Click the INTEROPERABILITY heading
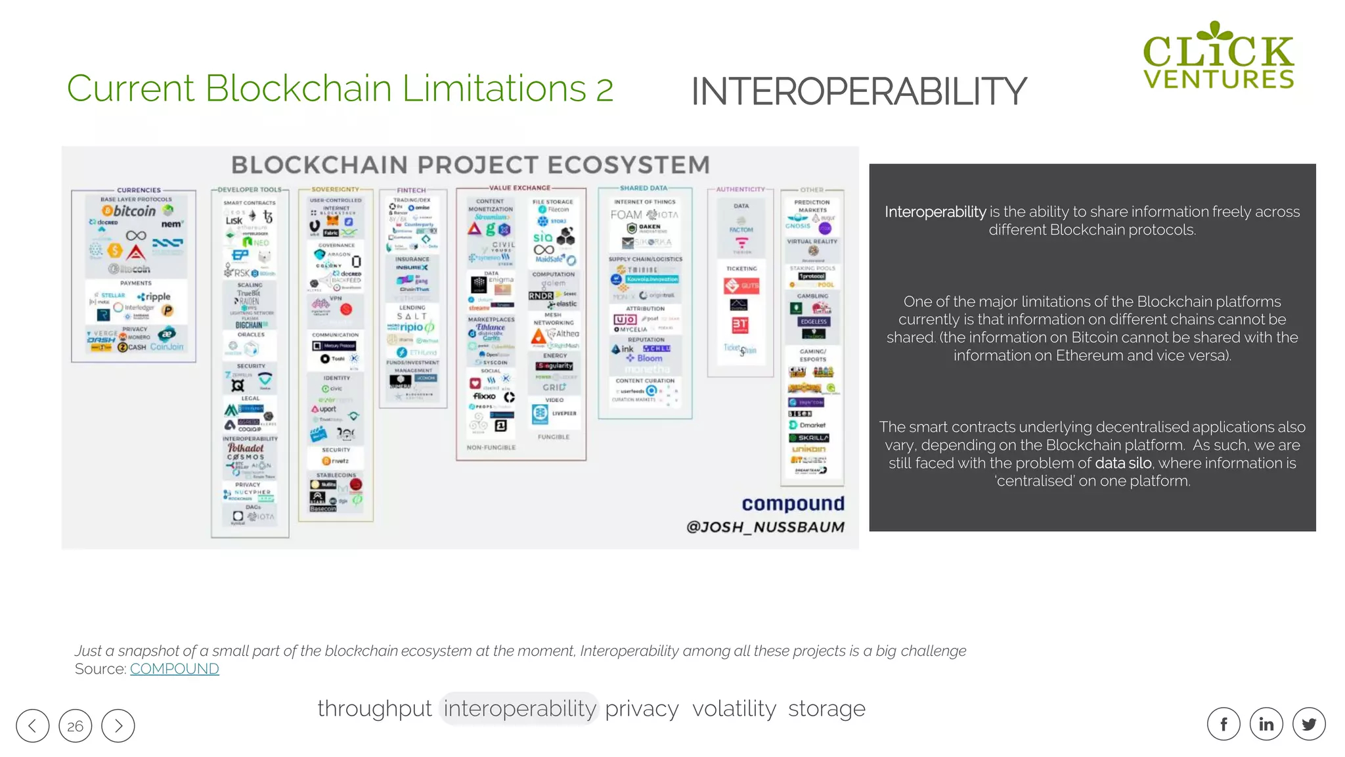pos(858,91)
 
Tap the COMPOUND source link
pos(174,669)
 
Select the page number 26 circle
pos(76,725)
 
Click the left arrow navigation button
pos(33,725)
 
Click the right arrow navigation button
pos(118,725)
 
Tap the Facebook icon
pos(1224,724)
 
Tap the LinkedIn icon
pos(1266,724)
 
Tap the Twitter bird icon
pos(1309,724)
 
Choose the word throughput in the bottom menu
pos(374,709)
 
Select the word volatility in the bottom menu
pos(734,709)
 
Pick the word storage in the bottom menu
pos(826,709)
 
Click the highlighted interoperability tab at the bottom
pos(519,709)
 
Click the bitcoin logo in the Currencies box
pos(129,211)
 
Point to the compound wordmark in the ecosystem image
pos(793,503)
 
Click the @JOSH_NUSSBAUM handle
pos(765,527)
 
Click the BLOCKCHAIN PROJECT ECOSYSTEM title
pos(470,164)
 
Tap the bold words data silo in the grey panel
pos(1123,463)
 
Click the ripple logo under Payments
pos(155,297)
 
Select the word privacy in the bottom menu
pos(642,709)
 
